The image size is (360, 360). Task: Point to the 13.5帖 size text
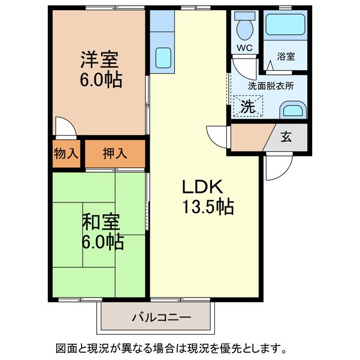[208, 208]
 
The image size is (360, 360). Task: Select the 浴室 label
[286, 56]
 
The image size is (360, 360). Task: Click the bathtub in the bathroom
[286, 26]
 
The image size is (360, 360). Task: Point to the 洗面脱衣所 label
[271, 86]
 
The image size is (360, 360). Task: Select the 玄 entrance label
[286, 138]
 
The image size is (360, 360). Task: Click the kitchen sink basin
[163, 57]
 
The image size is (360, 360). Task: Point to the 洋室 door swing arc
[65, 127]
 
